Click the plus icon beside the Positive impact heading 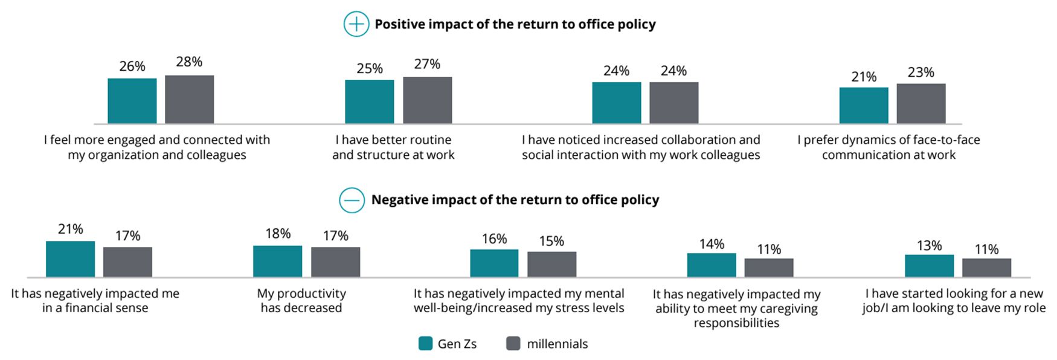[356, 24]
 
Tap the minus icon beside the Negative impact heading [352, 200]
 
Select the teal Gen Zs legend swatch [425, 344]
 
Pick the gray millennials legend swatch [513, 344]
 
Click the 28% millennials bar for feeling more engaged [189, 100]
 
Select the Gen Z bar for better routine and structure [369, 101]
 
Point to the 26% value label [132, 66]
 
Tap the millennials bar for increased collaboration [673, 103]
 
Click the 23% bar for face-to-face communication [920, 103]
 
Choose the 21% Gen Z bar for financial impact [70, 259]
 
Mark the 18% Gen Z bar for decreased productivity [277, 261]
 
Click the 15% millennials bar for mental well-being [551, 264]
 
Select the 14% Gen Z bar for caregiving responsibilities [711, 265]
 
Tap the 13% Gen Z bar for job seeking [929, 266]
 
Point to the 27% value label [427, 64]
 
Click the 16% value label [494, 239]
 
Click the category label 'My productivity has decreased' [301, 300]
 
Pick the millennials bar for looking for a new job [986, 268]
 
